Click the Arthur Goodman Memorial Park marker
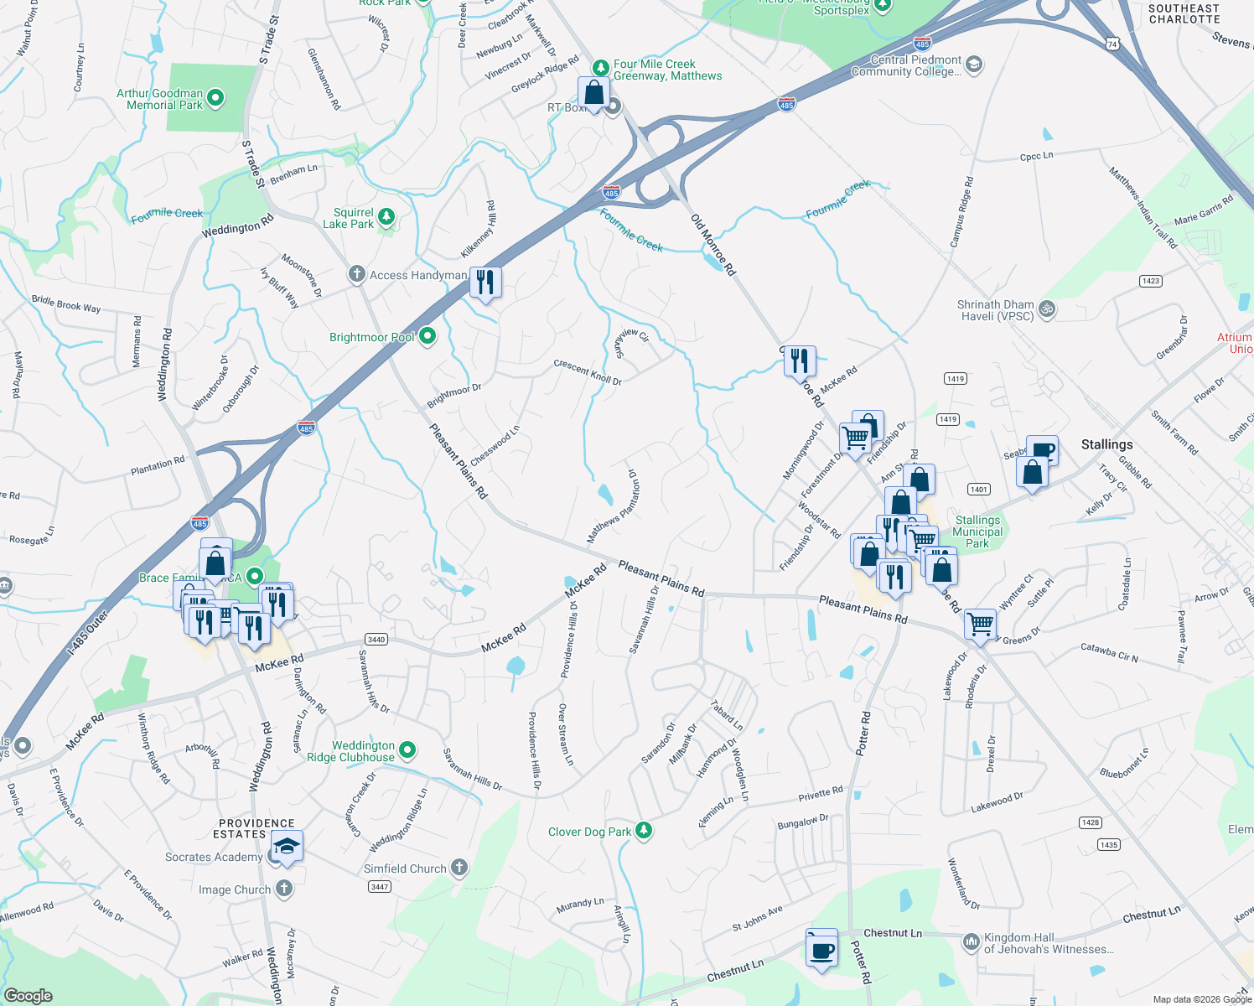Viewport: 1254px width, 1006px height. click(x=215, y=99)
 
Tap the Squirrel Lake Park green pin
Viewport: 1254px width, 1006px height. click(x=386, y=218)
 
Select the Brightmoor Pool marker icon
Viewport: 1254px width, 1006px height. click(x=427, y=337)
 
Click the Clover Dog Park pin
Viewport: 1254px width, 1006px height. click(x=644, y=831)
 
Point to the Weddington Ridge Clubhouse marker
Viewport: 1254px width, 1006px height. click(x=407, y=750)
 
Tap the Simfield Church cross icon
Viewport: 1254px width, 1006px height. click(x=459, y=868)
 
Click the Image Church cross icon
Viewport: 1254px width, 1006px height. click(x=284, y=889)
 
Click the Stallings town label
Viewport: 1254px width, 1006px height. click(x=1106, y=444)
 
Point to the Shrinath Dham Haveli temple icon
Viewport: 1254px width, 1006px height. click(x=1046, y=309)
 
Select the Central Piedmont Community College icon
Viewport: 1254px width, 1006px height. click(x=973, y=65)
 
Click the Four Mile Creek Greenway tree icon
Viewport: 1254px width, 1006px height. click(x=600, y=68)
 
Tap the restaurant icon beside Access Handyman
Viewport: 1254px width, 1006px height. click(x=484, y=283)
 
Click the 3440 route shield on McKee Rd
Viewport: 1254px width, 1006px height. click(x=376, y=640)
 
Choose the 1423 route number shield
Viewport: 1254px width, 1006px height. click(x=1151, y=281)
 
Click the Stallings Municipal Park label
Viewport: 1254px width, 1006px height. click(x=977, y=532)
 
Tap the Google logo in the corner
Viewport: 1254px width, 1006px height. click(x=28, y=995)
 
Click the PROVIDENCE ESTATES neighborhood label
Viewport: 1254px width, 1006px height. click(x=256, y=828)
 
